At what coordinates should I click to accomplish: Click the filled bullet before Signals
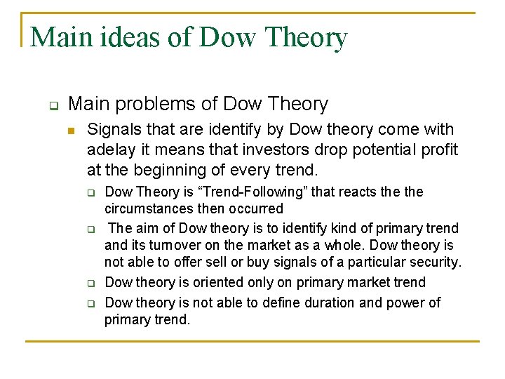[x=72, y=131]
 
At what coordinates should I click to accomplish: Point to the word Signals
[x=113, y=130]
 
